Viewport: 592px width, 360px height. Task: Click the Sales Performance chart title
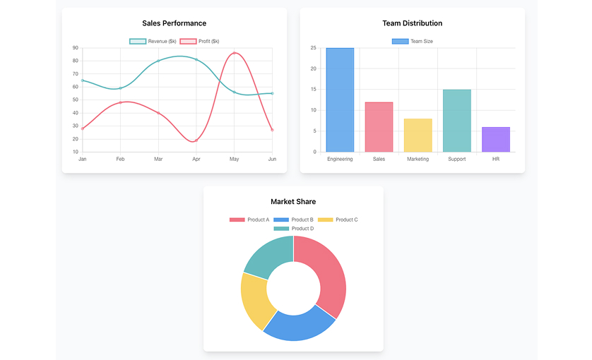point(174,23)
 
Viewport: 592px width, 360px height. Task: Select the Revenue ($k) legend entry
point(153,41)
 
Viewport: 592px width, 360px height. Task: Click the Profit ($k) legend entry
point(200,41)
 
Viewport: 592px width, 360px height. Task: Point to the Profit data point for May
point(235,53)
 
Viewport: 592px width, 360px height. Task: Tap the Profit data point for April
point(196,140)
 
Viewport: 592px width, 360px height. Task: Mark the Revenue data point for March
point(158,61)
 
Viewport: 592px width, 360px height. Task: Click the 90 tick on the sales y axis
point(75,48)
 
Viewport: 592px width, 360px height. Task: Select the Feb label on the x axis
point(120,159)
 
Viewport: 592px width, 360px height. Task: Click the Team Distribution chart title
point(412,23)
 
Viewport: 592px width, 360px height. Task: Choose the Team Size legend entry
point(413,41)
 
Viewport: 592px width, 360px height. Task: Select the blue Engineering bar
point(340,100)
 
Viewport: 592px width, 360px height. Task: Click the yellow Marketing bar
point(418,135)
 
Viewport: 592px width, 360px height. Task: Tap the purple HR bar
point(495,139)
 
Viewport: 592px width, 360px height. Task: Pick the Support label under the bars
point(456,159)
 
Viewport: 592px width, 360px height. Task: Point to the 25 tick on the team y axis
point(313,48)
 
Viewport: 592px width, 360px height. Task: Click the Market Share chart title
point(293,202)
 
